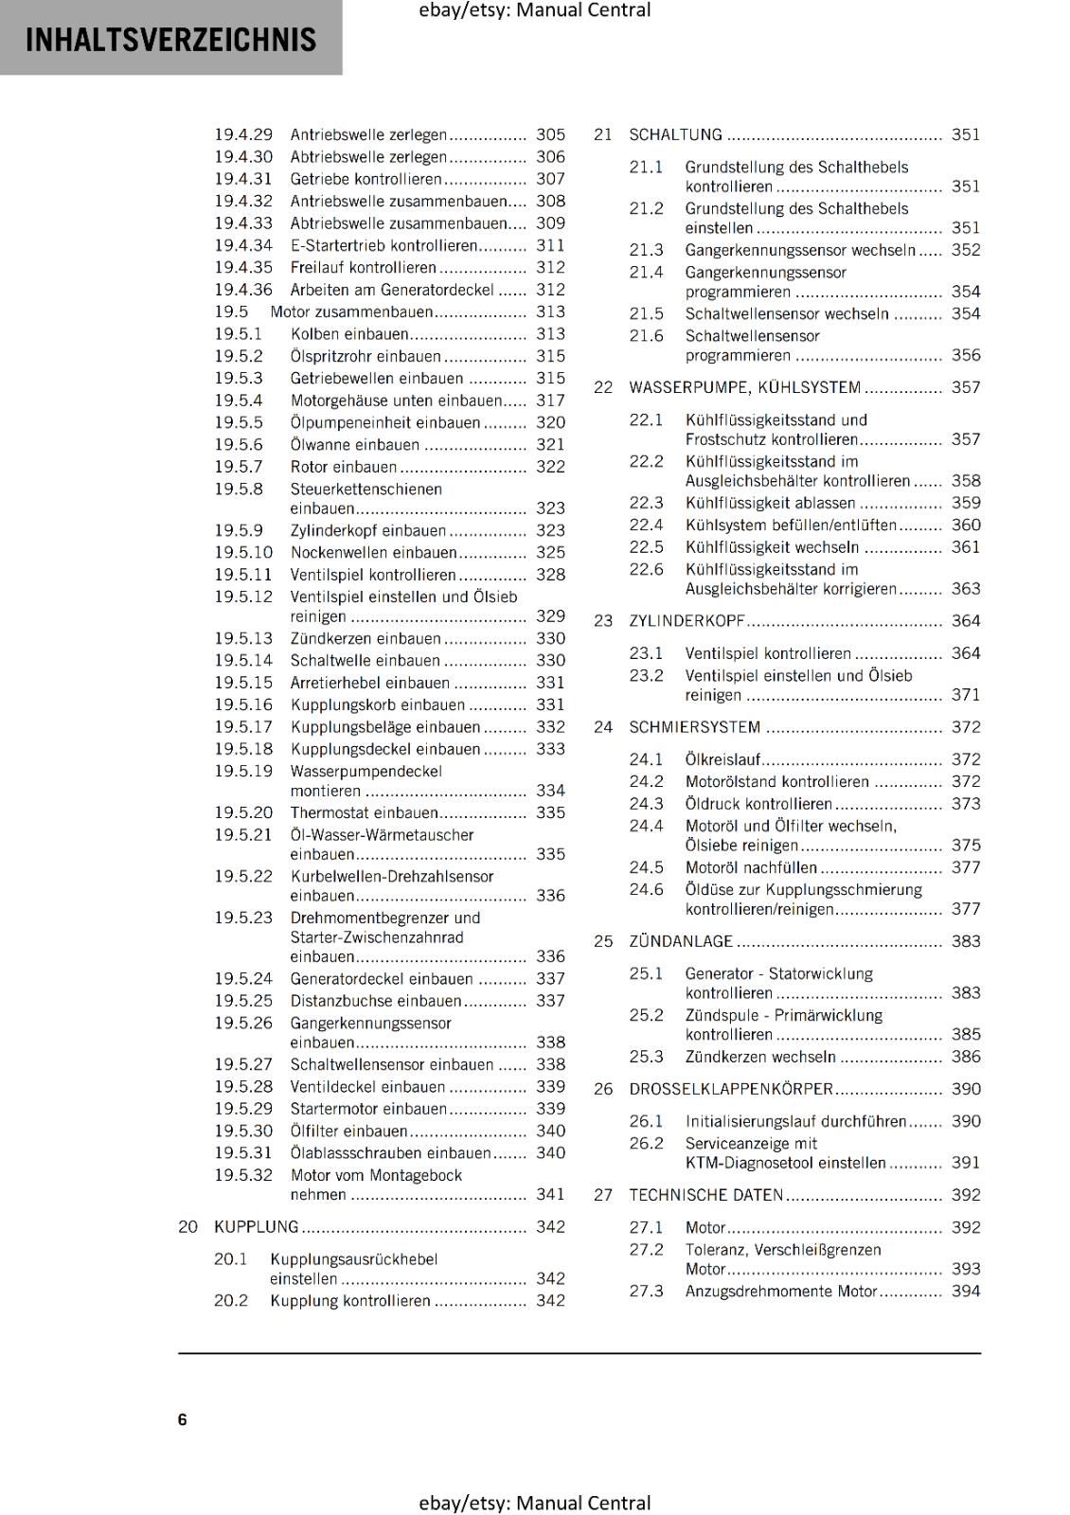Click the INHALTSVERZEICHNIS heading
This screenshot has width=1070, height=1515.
coord(170,40)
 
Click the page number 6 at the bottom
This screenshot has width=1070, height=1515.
coord(183,1418)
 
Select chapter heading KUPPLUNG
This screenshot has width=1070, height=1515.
coord(256,1226)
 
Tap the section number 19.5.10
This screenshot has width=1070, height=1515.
coord(242,552)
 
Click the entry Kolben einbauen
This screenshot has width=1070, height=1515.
coord(349,334)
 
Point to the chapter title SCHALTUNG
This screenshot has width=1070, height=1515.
coord(675,134)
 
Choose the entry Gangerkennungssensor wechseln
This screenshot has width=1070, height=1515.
coord(800,250)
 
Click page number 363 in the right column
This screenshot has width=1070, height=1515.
coord(966,589)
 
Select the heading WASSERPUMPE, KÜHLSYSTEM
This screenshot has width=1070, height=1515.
coord(744,387)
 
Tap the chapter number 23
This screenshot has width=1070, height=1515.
coord(603,621)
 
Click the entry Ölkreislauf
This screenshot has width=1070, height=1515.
coord(722,759)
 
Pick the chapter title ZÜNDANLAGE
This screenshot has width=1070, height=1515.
coord(681,941)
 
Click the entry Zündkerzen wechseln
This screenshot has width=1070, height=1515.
coord(760,1057)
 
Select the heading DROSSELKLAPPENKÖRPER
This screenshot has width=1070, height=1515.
coord(731,1089)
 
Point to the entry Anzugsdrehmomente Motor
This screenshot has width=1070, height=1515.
coord(781,1292)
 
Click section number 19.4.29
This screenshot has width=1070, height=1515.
coord(242,134)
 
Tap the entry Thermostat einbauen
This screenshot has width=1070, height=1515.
coord(364,812)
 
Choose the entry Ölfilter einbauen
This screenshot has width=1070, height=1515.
coord(348,1131)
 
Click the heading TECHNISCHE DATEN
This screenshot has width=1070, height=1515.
coord(706,1195)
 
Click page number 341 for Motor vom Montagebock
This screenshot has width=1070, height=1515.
coord(550,1195)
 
